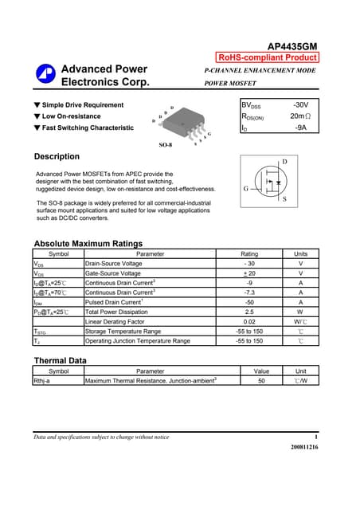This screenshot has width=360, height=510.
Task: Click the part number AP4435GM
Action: tap(292, 46)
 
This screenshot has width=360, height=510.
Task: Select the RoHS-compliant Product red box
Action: tap(268, 57)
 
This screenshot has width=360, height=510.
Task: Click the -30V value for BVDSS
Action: tap(300, 105)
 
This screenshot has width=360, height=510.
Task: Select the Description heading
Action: tap(57, 156)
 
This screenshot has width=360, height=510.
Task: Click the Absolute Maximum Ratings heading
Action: tap(88, 243)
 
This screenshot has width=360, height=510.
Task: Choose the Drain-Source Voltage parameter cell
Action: tap(114, 263)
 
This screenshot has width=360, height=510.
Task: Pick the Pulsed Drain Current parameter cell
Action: tap(114, 302)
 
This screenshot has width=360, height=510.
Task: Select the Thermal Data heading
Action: tap(61, 361)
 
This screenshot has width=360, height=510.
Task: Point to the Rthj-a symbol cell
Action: tap(42, 381)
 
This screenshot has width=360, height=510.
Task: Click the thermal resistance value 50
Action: tap(261, 381)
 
